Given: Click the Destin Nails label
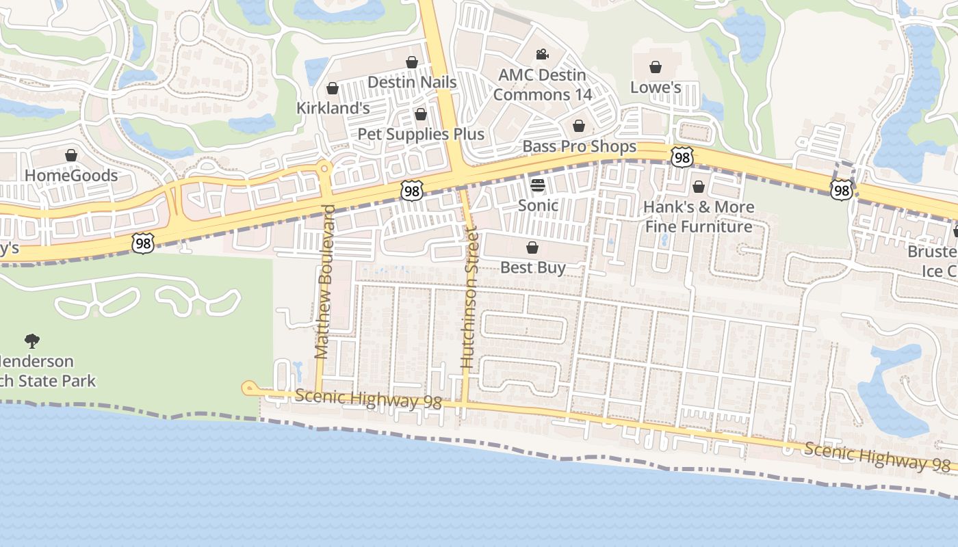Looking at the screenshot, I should click(x=412, y=82).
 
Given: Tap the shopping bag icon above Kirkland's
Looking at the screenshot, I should click(x=333, y=88).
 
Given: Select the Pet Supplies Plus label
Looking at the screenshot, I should click(x=421, y=134).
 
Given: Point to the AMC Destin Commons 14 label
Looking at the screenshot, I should click(x=543, y=85).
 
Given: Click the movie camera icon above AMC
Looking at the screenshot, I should click(x=542, y=54).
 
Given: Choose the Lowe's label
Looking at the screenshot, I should click(x=656, y=88).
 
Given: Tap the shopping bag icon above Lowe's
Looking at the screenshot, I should click(x=656, y=66).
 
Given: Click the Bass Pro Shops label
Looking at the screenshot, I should click(x=579, y=146).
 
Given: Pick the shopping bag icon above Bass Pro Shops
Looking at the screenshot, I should click(x=579, y=126).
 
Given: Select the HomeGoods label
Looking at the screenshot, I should click(x=71, y=176).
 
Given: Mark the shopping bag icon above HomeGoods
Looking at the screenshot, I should click(x=71, y=155).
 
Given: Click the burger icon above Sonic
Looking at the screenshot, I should click(x=538, y=185).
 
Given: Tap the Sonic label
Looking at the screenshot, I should click(x=538, y=205).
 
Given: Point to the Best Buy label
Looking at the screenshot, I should click(x=532, y=267).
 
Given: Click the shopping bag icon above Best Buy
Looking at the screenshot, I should click(x=532, y=247).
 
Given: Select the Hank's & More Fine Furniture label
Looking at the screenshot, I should click(x=699, y=217).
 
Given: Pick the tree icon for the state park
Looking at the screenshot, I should click(x=32, y=341).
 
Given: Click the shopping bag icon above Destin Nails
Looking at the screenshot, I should click(x=412, y=62).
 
